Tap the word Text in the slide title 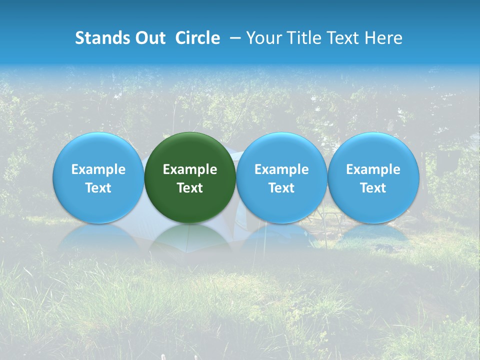[x=344, y=38]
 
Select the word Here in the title [x=383, y=38]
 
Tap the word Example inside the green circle [x=190, y=170]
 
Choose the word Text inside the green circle [x=190, y=188]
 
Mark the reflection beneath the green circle [x=190, y=237]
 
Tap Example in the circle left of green [x=98, y=170]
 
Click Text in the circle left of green [x=98, y=188]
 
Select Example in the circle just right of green [x=281, y=170]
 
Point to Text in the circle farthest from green [x=373, y=188]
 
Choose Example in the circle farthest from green [x=373, y=170]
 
